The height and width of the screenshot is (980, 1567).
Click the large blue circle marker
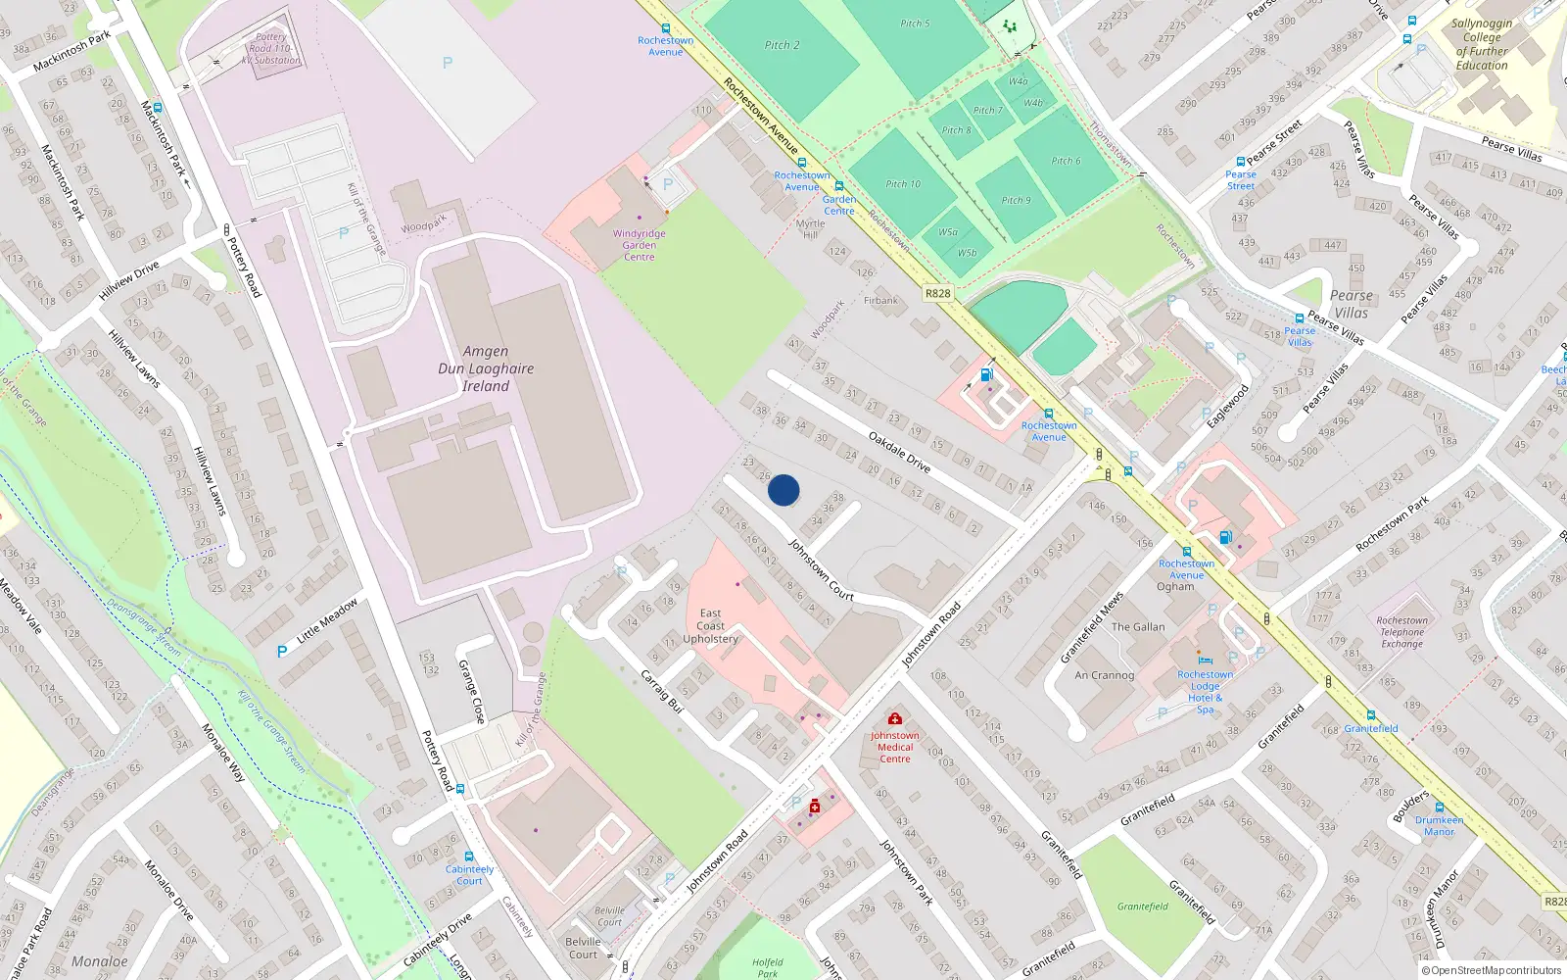pyautogui.click(x=783, y=490)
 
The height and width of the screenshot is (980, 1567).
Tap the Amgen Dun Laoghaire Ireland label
pyautogui.click(x=486, y=368)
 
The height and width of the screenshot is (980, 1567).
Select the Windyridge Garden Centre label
pyautogui.click(x=639, y=245)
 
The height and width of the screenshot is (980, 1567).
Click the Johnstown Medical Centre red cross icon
pyautogui.click(x=894, y=719)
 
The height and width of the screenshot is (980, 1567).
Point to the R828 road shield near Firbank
pyautogui.click(x=937, y=293)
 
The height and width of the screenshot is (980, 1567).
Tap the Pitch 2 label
pyautogui.click(x=782, y=45)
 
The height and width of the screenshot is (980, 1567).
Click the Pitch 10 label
pyautogui.click(x=903, y=184)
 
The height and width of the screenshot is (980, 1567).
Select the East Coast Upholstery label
pyautogui.click(x=710, y=626)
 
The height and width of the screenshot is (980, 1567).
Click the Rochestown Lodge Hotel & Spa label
pyautogui.click(x=1205, y=692)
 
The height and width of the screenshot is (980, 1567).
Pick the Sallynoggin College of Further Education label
pyautogui.click(x=1481, y=44)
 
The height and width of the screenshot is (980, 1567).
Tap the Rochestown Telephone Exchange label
pyautogui.click(x=1401, y=632)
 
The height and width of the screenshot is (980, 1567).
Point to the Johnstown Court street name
pyautogui.click(x=821, y=569)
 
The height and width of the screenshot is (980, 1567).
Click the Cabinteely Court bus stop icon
pyautogui.click(x=469, y=857)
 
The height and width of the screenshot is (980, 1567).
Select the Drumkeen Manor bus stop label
pyautogui.click(x=1439, y=826)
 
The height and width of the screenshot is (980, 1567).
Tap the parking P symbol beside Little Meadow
pyautogui.click(x=282, y=652)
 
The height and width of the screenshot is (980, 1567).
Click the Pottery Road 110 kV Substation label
pyautogui.click(x=270, y=49)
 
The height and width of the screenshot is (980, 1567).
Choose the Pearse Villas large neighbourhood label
pyautogui.click(x=1351, y=304)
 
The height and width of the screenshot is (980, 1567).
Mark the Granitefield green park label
pyautogui.click(x=1142, y=906)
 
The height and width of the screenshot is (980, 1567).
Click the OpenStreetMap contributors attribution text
pyautogui.click(x=1491, y=971)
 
